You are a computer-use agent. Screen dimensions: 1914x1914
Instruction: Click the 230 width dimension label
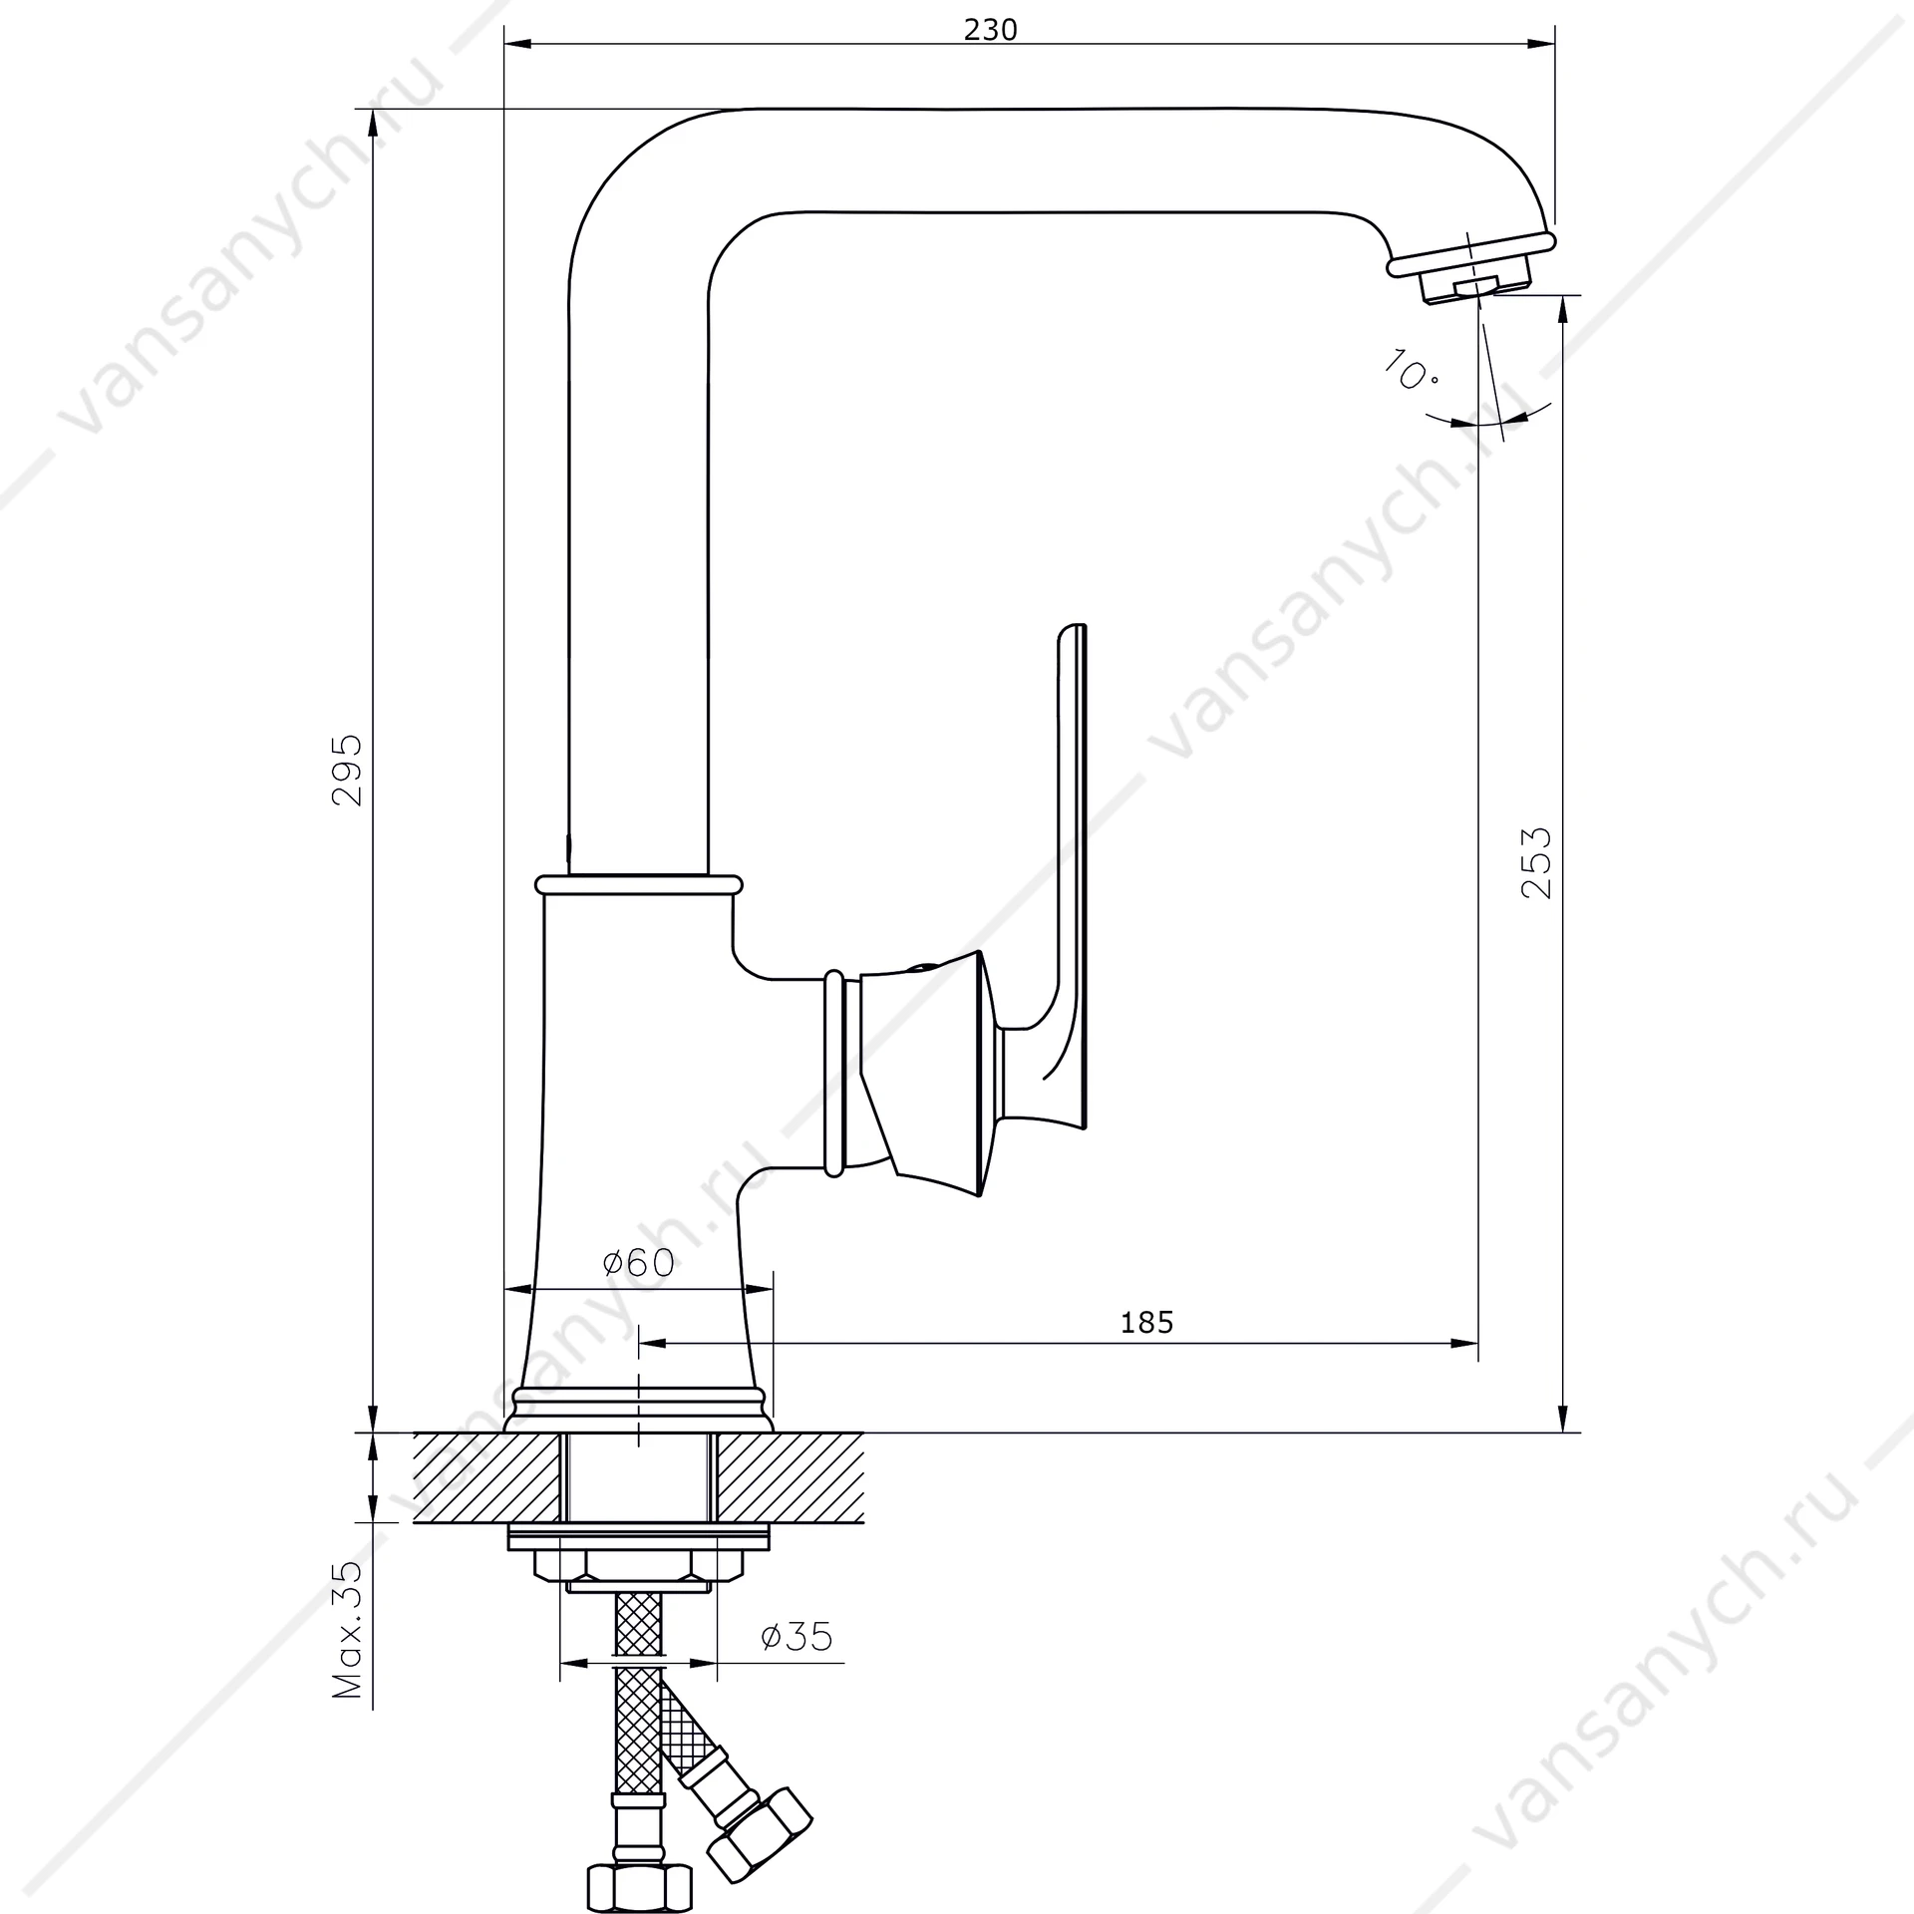[990, 30]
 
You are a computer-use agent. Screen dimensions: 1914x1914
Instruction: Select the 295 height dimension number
[347, 771]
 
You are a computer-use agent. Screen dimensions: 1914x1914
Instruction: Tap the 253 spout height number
[1536, 863]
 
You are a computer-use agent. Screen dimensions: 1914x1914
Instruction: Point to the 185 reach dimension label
[1146, 1322]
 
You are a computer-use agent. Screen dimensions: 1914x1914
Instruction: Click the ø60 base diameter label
[639, 1263]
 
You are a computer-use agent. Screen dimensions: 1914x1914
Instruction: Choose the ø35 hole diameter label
[797, 1636]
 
